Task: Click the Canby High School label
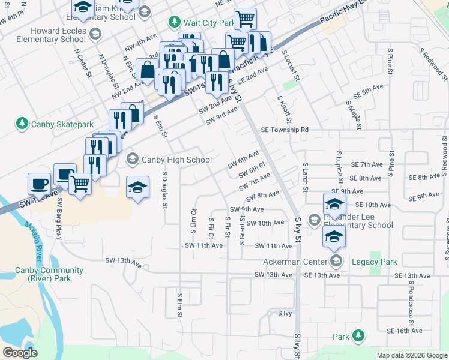pyautogui.click(x=176, y=160)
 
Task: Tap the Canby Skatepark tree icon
pyautogui.click(x=22, y=124)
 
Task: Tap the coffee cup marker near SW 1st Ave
pyautogui.click(x=40, y=183)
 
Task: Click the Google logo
pyautogui.click(x=20, y=353)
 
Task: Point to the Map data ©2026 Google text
pyautogui.click(x=412, y=355)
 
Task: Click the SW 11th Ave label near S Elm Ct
pyautogui.click(x=203, y=245)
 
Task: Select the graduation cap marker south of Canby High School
pyautogui.click(x=137, y=188)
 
